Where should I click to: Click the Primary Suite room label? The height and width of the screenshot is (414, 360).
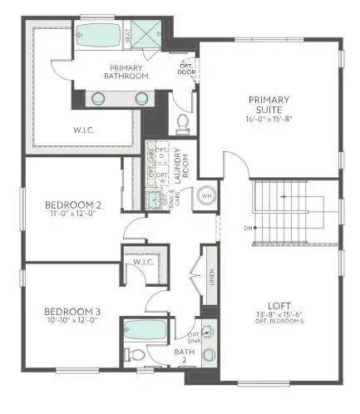click(x=269, y=105)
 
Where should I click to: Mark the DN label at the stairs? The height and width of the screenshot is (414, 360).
click(x=247, y=228)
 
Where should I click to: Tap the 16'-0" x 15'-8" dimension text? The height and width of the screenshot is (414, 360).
click(x=269, y=118)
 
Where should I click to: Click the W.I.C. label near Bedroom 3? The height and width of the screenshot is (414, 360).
click(x=142, y=263)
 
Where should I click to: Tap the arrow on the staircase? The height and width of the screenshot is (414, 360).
click(x=283, y=197)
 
